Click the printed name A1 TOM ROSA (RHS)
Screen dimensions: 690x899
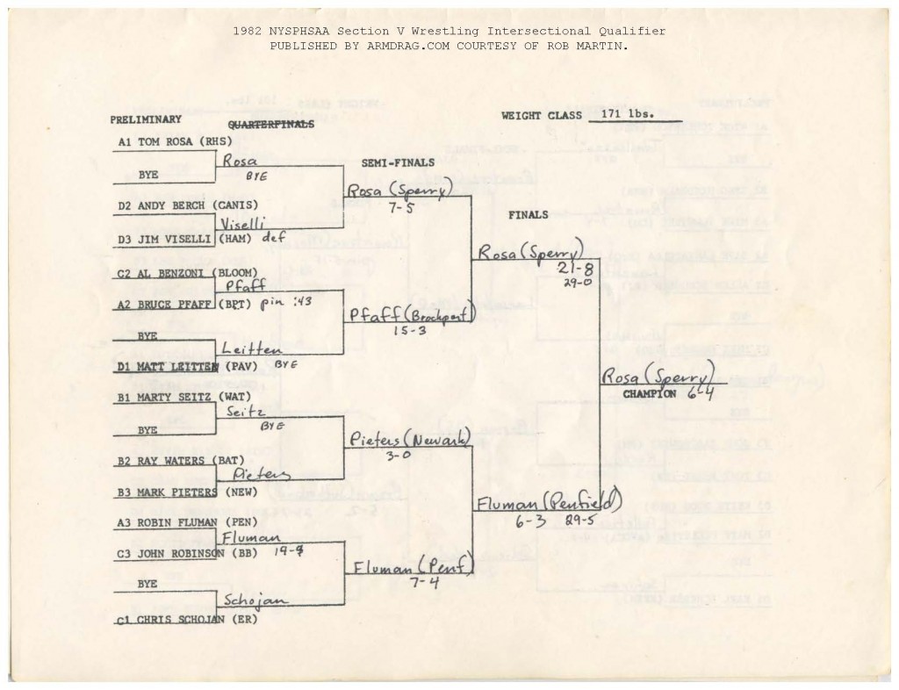175,141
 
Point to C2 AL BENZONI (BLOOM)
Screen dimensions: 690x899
180,273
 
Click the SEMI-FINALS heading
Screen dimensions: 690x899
398,163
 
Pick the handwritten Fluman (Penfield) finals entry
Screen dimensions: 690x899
548,503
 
